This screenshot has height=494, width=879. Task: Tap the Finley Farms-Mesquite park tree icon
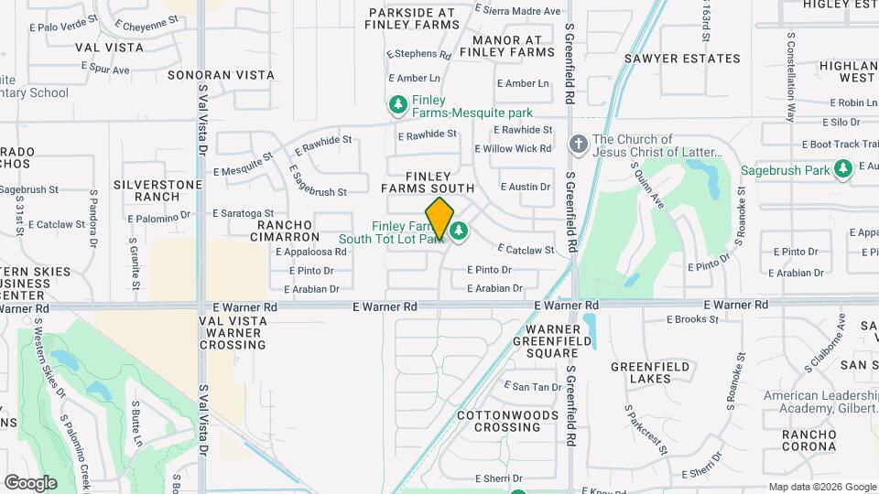[x=397, y=106]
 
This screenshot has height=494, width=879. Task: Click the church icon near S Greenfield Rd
[x=578, y=145]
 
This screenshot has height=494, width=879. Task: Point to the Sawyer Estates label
[x=682, y=59]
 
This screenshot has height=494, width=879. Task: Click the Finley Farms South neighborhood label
[x=429, y=182]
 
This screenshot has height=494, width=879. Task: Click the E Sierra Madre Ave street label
[x=521, y=11]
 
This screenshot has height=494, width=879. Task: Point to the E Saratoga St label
[x=244, y=213]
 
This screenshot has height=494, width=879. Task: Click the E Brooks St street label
[x=692, y=319]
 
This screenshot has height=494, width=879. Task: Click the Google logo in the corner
[x=30, y=482]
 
